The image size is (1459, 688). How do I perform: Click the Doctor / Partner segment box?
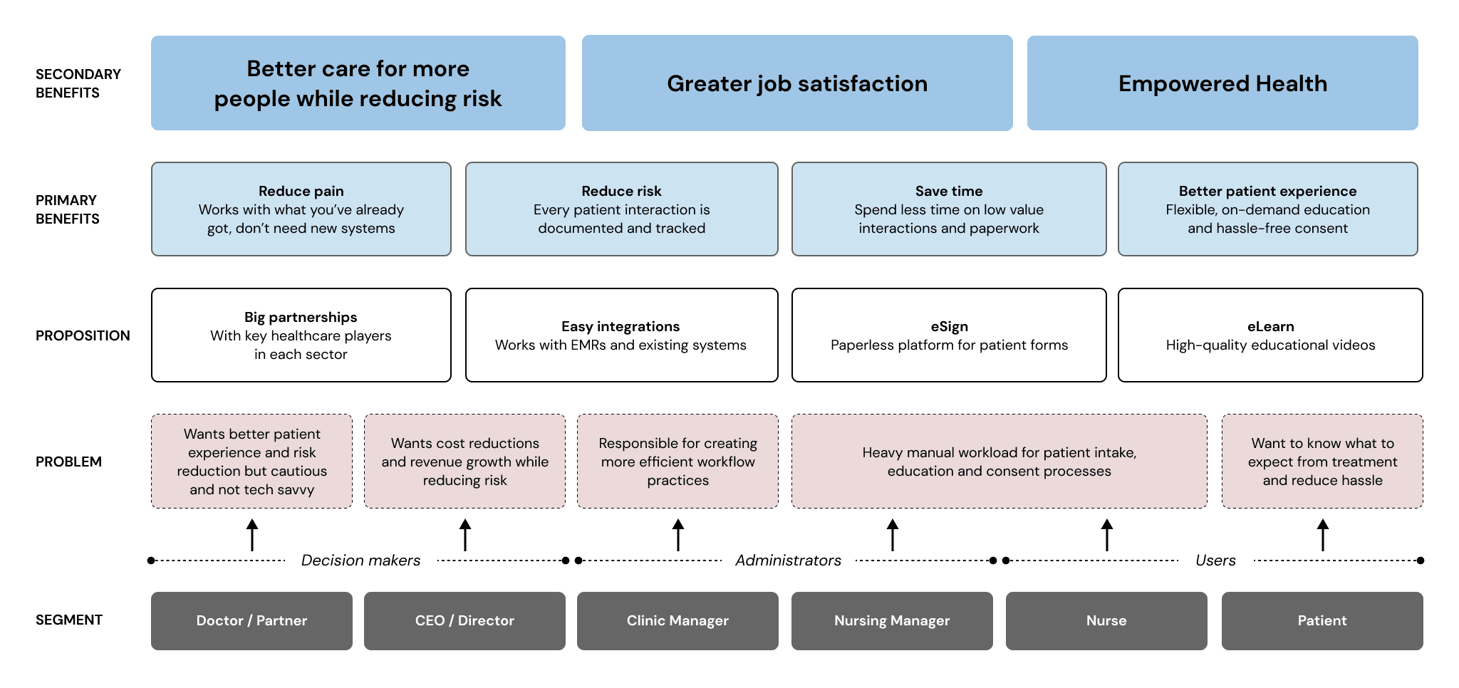pos(251,620)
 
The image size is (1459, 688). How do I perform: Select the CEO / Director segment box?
pos(464,620)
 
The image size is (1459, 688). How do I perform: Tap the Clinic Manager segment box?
pos(677,620)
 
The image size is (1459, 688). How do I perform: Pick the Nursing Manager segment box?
pos(892,620)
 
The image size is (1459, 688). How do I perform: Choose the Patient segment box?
pos(1322,620)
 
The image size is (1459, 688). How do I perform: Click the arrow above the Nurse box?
pos(1107,535)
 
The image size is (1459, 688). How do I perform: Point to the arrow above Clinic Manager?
pos(678,535)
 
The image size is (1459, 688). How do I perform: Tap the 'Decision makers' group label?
pos(360,561)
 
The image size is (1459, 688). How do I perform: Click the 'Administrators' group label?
pos(788,561)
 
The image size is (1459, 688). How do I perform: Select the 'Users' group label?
pos(1215,561)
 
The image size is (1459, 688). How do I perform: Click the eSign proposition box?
pos(949,335)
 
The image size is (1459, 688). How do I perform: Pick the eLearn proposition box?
pos(1270,335)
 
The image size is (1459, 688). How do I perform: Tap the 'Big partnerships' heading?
pos(301,317)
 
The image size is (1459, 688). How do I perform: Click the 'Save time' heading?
pos(949,191)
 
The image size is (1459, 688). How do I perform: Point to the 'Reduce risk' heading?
pos(621,191)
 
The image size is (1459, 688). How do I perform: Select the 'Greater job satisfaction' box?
pos(797,83)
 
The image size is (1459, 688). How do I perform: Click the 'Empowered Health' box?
pos(1222,83)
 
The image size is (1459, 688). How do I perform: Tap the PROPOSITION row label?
pos(83,335)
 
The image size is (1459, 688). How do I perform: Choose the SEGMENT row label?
pos(69,620)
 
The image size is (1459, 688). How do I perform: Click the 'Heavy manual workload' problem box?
pos(999,461)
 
